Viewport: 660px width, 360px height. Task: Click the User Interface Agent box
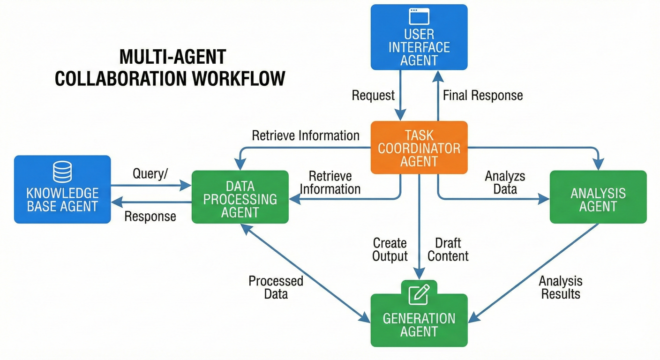[x=419, y=37]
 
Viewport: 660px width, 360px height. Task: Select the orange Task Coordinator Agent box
[x=419, y=147]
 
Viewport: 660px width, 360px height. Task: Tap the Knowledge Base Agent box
[x=62, y=189]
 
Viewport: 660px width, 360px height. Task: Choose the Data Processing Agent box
[x=240, y=197]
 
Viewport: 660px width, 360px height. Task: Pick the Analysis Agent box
[x=598, y=197]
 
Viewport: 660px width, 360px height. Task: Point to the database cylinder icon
[x=62, y=172]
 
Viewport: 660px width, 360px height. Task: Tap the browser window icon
[x=419, y=16]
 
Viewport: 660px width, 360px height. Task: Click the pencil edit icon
[x=419, y=294]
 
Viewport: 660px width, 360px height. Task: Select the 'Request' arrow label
[x=373, y=96]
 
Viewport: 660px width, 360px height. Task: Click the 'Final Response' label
[x=483, y=96]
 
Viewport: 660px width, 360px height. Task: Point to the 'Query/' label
[x=150, y=173]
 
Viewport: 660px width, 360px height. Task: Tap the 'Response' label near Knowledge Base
[x=150, y=217]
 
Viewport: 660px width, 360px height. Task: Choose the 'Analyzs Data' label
[x=505, y=183]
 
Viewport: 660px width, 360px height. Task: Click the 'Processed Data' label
[x=276, y=287]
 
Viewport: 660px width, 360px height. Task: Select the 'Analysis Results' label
[x=561, y=287]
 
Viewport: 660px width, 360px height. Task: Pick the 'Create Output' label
[x=390, y=249]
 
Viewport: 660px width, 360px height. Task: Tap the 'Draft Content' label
[x=448, y=249]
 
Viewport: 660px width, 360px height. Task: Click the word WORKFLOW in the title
[x=239, y=78]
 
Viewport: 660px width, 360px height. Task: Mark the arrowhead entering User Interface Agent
[x=438, y=76]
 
